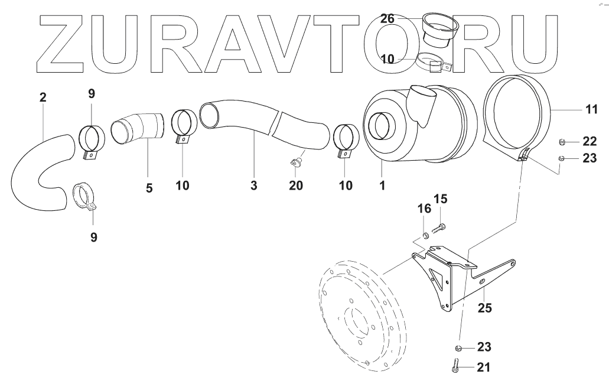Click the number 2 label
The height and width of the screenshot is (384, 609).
(43, 97)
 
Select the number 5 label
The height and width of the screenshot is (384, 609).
(149, 188)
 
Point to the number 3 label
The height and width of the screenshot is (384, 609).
(253, 186)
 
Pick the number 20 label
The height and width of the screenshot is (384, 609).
(295, 186)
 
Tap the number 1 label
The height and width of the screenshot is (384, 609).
(382, 186)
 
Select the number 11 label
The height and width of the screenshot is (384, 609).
(591, 109)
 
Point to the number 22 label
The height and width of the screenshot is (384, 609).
(589, 141)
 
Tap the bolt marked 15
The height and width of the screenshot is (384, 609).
(440, 226)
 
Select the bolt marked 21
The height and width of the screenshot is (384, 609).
(457, 366)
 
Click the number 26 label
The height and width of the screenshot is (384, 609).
(387, 19)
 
